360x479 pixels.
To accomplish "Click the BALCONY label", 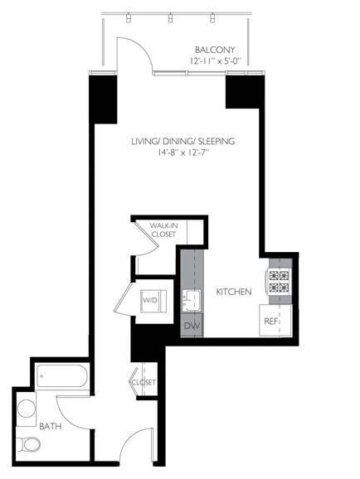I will point(212,49).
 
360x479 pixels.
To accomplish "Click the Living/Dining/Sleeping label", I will point(182,141).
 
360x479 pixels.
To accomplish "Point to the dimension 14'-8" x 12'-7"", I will point(182,153).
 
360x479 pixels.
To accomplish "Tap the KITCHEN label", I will point(233,293).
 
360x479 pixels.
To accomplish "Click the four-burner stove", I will point(278,282).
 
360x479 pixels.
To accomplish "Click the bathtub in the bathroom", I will point(63,378).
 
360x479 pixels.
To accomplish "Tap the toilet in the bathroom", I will point(30,444).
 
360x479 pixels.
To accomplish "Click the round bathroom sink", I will point(27,408).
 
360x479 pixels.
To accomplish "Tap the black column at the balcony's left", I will point(102,99).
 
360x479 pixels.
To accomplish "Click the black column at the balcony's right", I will point(242,90).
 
